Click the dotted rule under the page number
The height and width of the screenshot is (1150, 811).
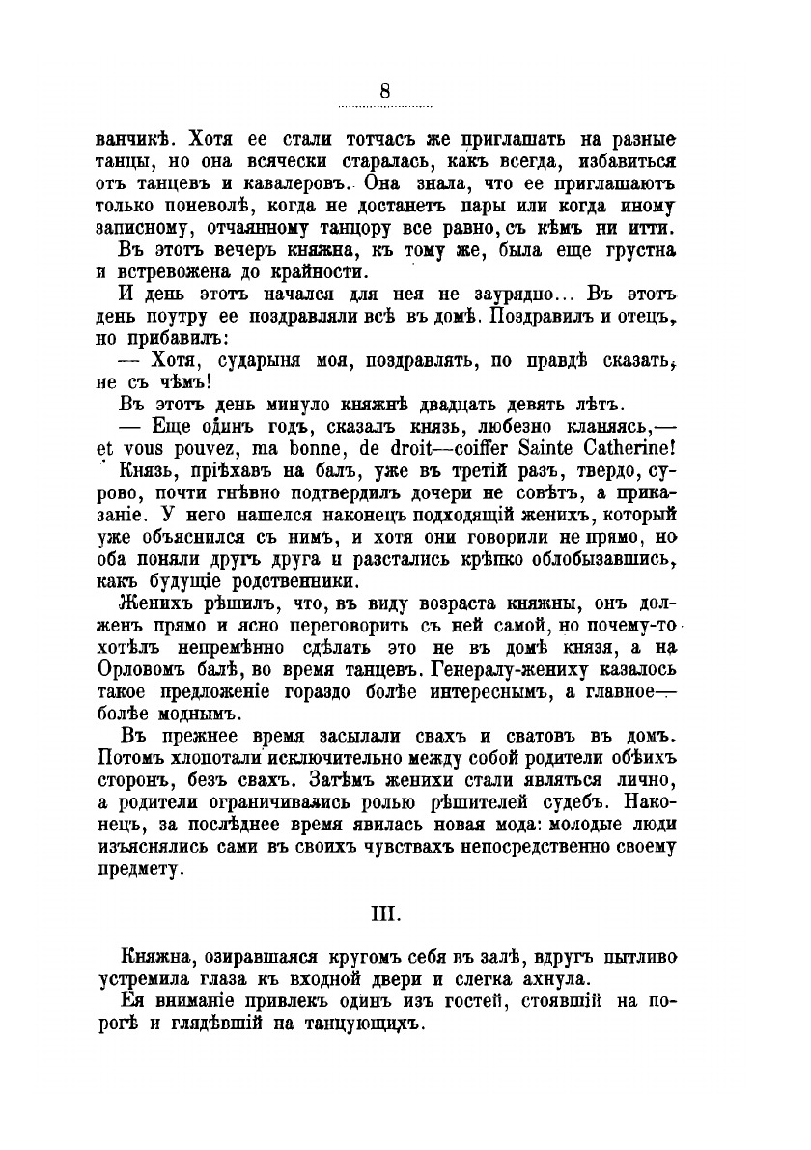(384, 106)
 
